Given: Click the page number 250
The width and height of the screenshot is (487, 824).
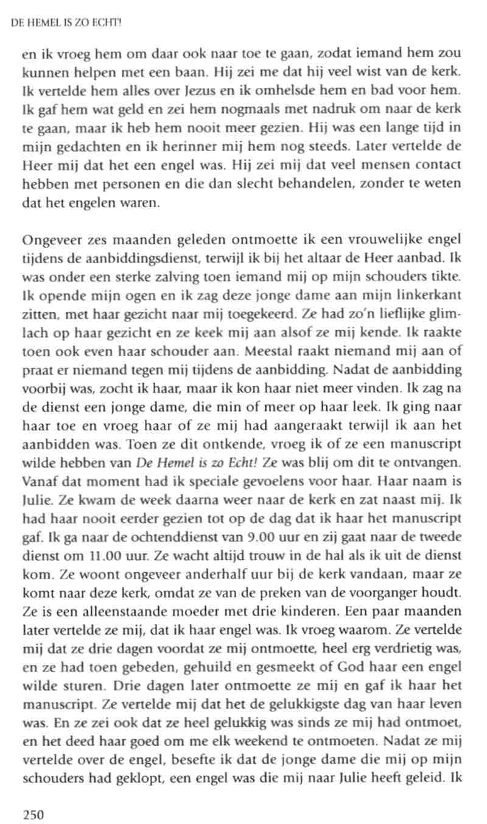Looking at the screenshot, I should (x=33, y=814).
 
